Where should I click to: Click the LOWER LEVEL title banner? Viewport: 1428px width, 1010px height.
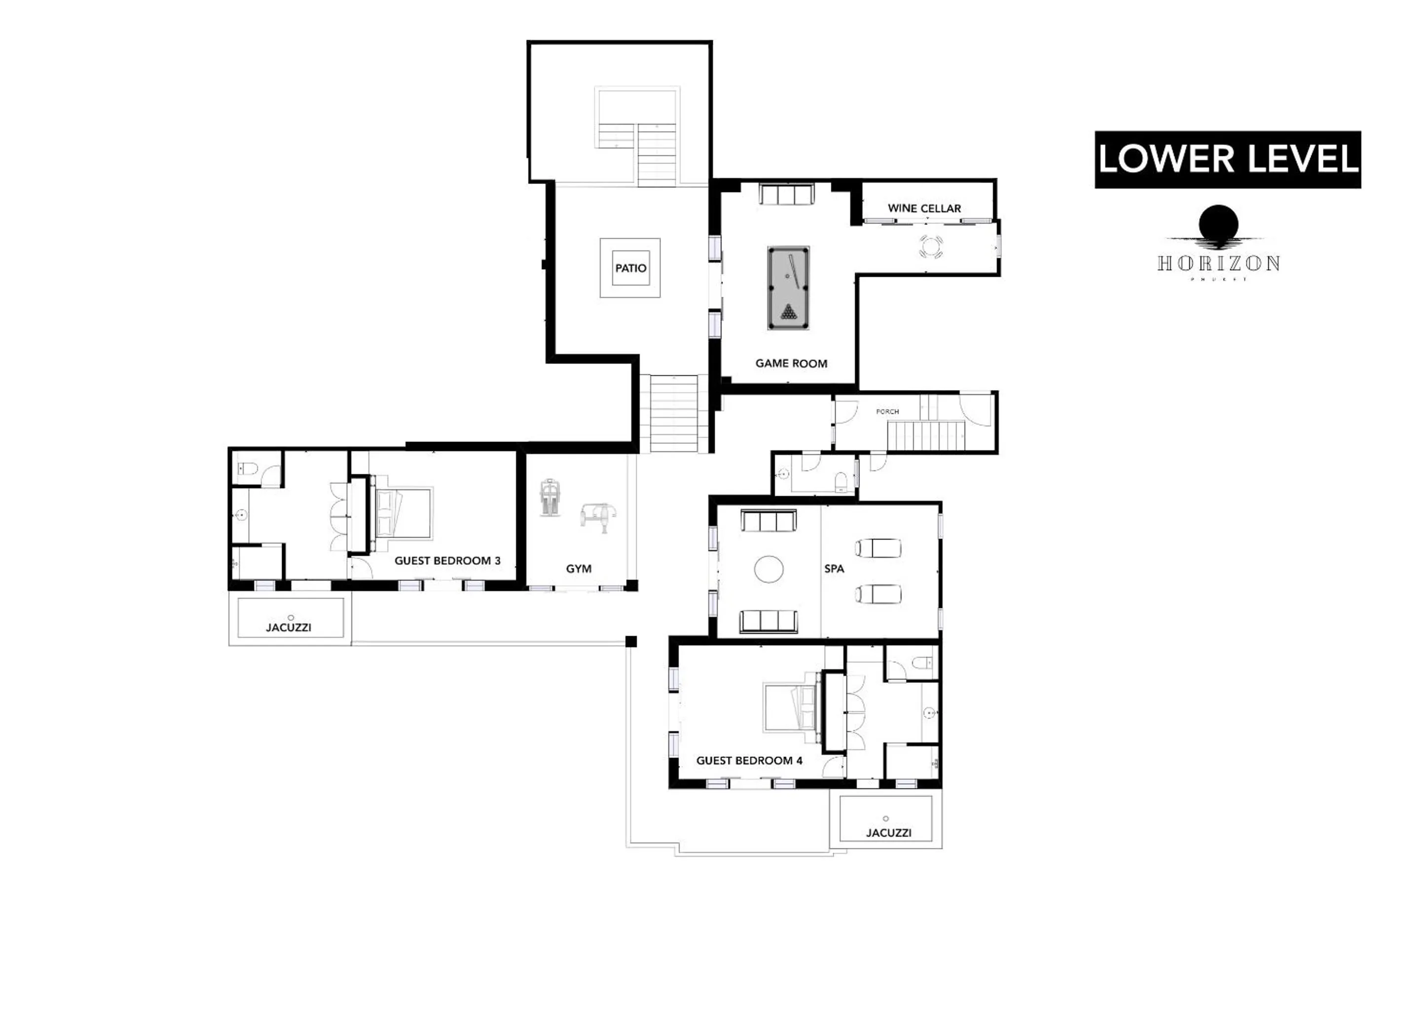click(1228, 159)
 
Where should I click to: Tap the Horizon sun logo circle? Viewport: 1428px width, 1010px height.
click(1219, 224)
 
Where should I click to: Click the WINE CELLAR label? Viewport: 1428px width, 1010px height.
click(924, 208)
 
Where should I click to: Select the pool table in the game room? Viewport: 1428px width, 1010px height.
click(788, 288)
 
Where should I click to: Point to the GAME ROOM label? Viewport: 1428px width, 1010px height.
click(791, 363)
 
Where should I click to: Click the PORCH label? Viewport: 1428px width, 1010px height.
click(887, 412)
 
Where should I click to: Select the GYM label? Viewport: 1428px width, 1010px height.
click(579, 569)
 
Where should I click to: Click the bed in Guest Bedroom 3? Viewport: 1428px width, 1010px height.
click(403, 514)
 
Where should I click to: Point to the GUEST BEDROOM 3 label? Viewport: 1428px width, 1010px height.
click(447, 560)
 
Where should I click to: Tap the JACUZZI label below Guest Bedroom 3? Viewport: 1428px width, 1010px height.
click(289, 627)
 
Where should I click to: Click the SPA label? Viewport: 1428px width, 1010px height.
click(834, 569)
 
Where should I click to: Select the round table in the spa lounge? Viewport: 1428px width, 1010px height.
click(769, 569)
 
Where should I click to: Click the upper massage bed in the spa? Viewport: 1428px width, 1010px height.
click(878, 548)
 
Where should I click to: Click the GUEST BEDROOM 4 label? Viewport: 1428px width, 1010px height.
click(749, 760)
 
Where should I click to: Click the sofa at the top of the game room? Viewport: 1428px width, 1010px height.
click(786, 195)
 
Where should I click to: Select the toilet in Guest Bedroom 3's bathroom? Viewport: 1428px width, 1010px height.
click(248, 469)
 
